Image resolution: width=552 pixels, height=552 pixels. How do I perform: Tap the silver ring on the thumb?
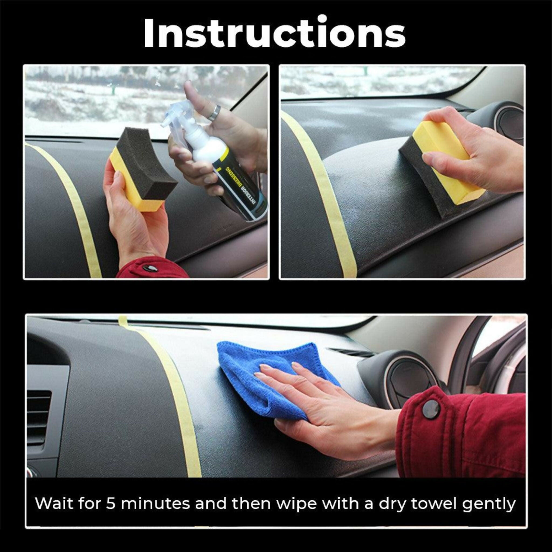point(214,113)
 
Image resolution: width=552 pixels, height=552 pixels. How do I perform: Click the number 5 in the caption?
point(110,504)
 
